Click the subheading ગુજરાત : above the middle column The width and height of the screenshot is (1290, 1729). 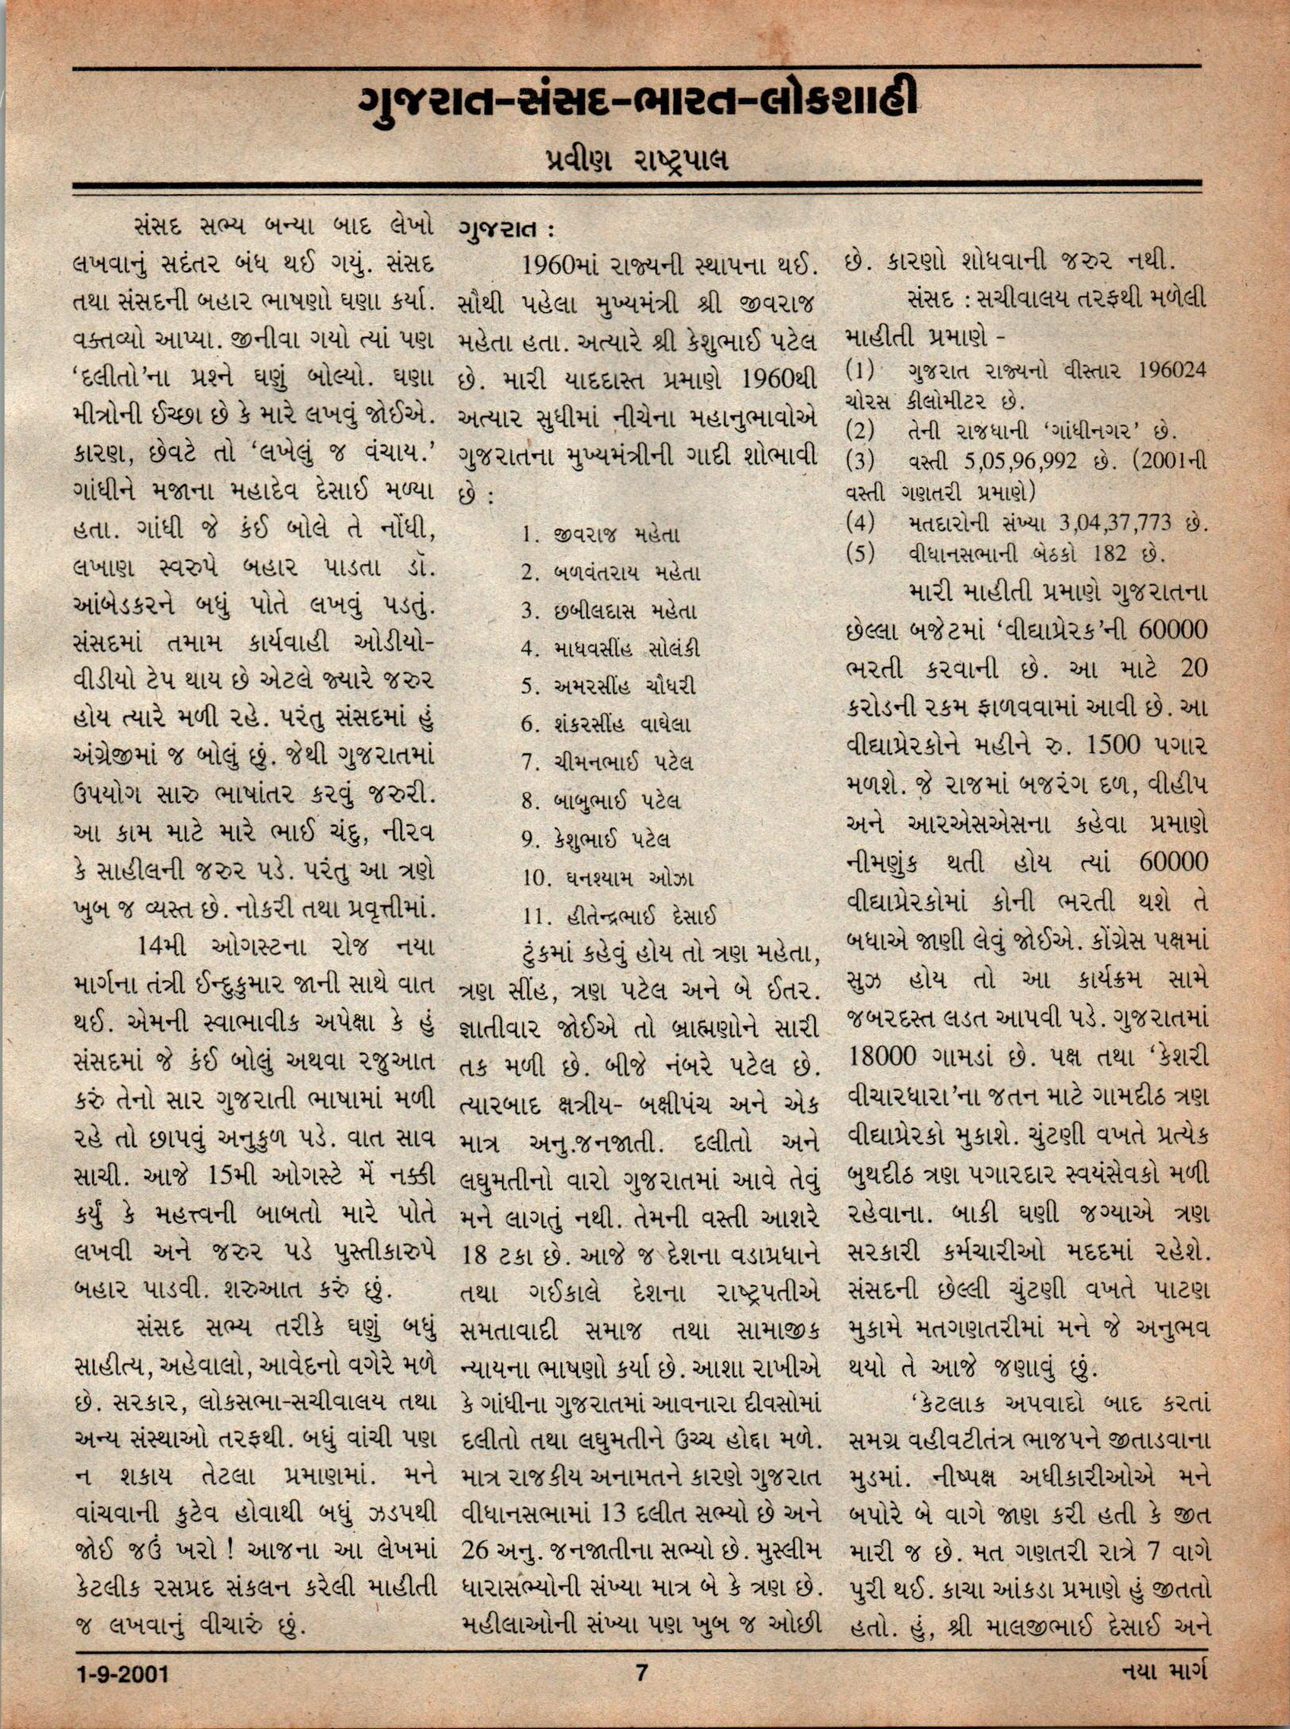(505, 230)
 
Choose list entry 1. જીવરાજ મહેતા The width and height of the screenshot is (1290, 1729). (601, 535)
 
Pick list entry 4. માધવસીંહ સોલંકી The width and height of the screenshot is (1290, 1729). (611, 648)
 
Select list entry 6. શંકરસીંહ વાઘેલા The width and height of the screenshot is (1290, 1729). (606, 724)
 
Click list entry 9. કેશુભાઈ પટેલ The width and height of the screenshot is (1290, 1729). (596, 838)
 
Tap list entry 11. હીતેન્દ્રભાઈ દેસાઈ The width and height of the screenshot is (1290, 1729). (620, 915)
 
